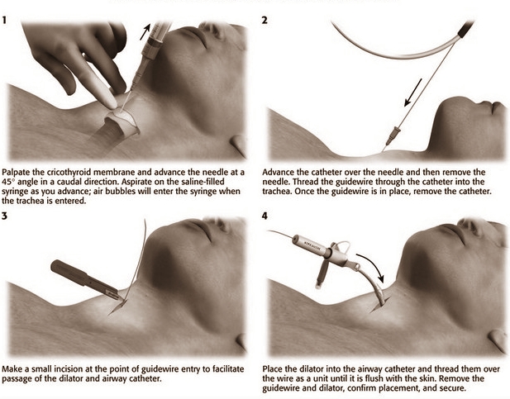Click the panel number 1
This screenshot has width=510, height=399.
[x=4, y=20]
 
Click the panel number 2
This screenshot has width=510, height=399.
[x=265, y=20]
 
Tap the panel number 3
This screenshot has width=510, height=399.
[x=5, y=216]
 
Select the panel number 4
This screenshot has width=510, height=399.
[x=265, y=216]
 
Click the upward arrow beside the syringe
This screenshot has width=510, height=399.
[x=145, y=31]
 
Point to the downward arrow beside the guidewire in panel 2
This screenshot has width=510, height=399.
[x=412, y=93]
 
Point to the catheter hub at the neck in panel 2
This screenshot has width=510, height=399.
[x=393, y=135]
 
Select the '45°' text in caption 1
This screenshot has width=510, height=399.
[x=8, y=182]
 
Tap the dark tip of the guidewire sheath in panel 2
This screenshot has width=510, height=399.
[x=465, y=28]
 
